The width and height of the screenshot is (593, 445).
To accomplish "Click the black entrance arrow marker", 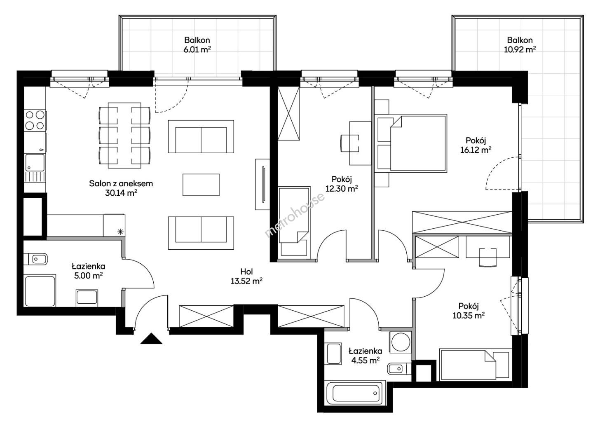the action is [x=151, y=339].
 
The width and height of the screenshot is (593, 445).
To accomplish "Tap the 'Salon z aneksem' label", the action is [x=121, y=184].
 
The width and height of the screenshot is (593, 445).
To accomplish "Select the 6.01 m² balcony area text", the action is [x=197, y=50].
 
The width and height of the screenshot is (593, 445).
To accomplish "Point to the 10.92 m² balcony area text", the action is [x=520, y=50].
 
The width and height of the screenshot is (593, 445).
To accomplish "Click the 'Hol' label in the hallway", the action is [x=246, y=272].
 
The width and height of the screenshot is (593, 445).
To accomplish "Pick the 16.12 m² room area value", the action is [x=476, y=150].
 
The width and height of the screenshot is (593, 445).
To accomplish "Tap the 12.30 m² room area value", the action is [x=342, y=188].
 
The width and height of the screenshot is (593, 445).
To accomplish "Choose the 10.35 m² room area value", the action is [x=469, y=315].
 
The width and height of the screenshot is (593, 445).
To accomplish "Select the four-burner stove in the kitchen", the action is [x=35, y=120].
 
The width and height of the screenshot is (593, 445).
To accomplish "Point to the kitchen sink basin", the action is [x=35, y=163].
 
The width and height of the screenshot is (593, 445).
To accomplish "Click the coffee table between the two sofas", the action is [x=201, y=185].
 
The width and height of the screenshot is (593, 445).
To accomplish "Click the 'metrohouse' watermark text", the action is [x=295, y=215].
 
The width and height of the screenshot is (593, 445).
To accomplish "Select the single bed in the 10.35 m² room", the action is [x=476, y=365].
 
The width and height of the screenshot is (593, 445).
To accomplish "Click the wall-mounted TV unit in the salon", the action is [x=263, y=185].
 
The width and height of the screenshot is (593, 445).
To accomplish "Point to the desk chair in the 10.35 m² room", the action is [x=488, y=258].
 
